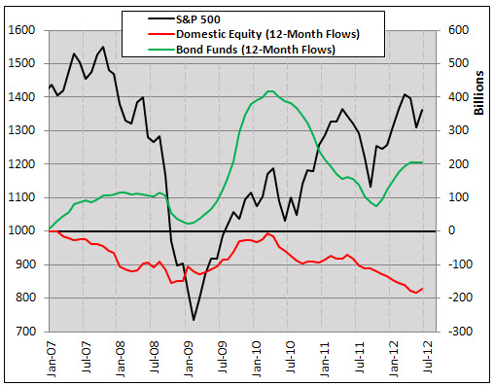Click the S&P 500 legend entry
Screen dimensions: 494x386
(184, 19)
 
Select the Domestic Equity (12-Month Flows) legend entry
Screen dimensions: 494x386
(254, 34)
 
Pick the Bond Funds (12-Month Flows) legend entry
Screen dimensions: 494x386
(241, 50)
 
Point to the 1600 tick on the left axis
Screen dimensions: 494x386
(21, 30)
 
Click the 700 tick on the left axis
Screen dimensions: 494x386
(25, 332)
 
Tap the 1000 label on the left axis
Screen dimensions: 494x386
(21, 230)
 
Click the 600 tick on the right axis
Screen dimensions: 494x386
(458, 30)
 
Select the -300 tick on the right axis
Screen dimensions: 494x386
(460, 332)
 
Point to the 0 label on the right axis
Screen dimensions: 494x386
(451, 230)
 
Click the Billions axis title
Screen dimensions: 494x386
(478, 92)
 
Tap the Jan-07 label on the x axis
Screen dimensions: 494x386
(52, 359)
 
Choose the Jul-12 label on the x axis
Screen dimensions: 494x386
(428, 357)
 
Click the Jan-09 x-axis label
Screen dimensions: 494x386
(189, 359)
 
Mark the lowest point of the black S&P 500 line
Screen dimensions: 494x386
(194, 320)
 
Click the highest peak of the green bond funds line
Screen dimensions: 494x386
(270, 91)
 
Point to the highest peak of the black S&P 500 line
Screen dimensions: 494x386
(103, 47)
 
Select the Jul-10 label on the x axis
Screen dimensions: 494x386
(291, 357)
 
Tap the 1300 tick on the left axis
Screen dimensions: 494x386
(21, 130)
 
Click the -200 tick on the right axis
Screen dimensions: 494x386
(460, 298)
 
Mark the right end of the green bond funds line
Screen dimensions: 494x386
(422, 162)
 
